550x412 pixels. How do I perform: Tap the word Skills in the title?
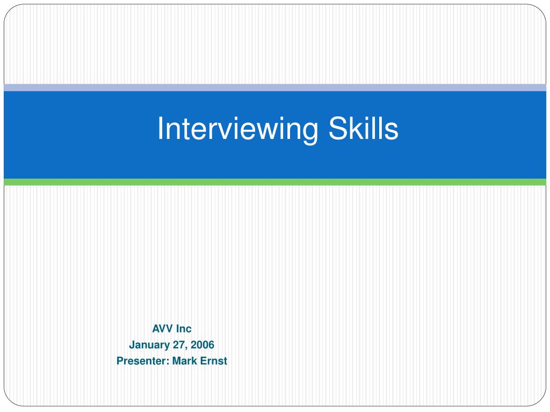pos(364,128)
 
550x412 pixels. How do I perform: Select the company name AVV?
pos(162,329)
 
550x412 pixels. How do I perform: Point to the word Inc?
pos(184,329)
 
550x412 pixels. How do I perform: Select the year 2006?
pos(202,345)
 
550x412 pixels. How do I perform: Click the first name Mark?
pos(185,361)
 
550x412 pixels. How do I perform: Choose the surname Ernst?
pos(214,361)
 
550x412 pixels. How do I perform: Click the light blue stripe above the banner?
pos(275,87)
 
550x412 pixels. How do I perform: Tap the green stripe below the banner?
pos(275,182)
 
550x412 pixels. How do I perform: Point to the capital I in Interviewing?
pos(160,128)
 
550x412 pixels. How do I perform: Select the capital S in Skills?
pos(337,128)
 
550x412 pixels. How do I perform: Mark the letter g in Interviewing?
pos(309,133)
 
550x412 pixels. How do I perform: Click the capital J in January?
pos(132,345)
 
